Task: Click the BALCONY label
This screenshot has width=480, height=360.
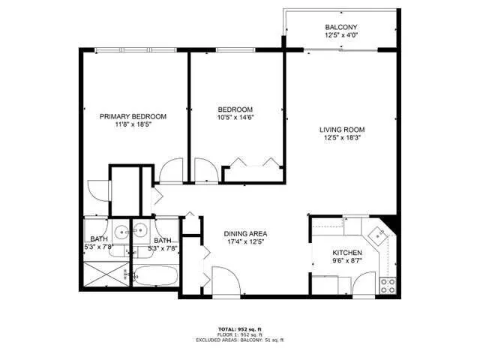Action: (340, 27)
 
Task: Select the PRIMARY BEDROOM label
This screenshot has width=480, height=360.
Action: (133, 116)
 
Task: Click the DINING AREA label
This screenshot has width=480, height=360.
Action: (246, 234)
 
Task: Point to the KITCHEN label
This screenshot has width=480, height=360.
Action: (347, 253)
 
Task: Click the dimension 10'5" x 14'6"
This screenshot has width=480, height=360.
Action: (235, 118)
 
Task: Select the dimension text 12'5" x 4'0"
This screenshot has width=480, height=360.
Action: (340, 35)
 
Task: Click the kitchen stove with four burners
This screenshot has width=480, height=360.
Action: (388, 285)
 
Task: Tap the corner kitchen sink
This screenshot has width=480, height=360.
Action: (380, 234)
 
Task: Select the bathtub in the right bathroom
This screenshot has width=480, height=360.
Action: (155, 277)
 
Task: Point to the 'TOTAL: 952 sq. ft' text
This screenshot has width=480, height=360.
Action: (239, 328)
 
